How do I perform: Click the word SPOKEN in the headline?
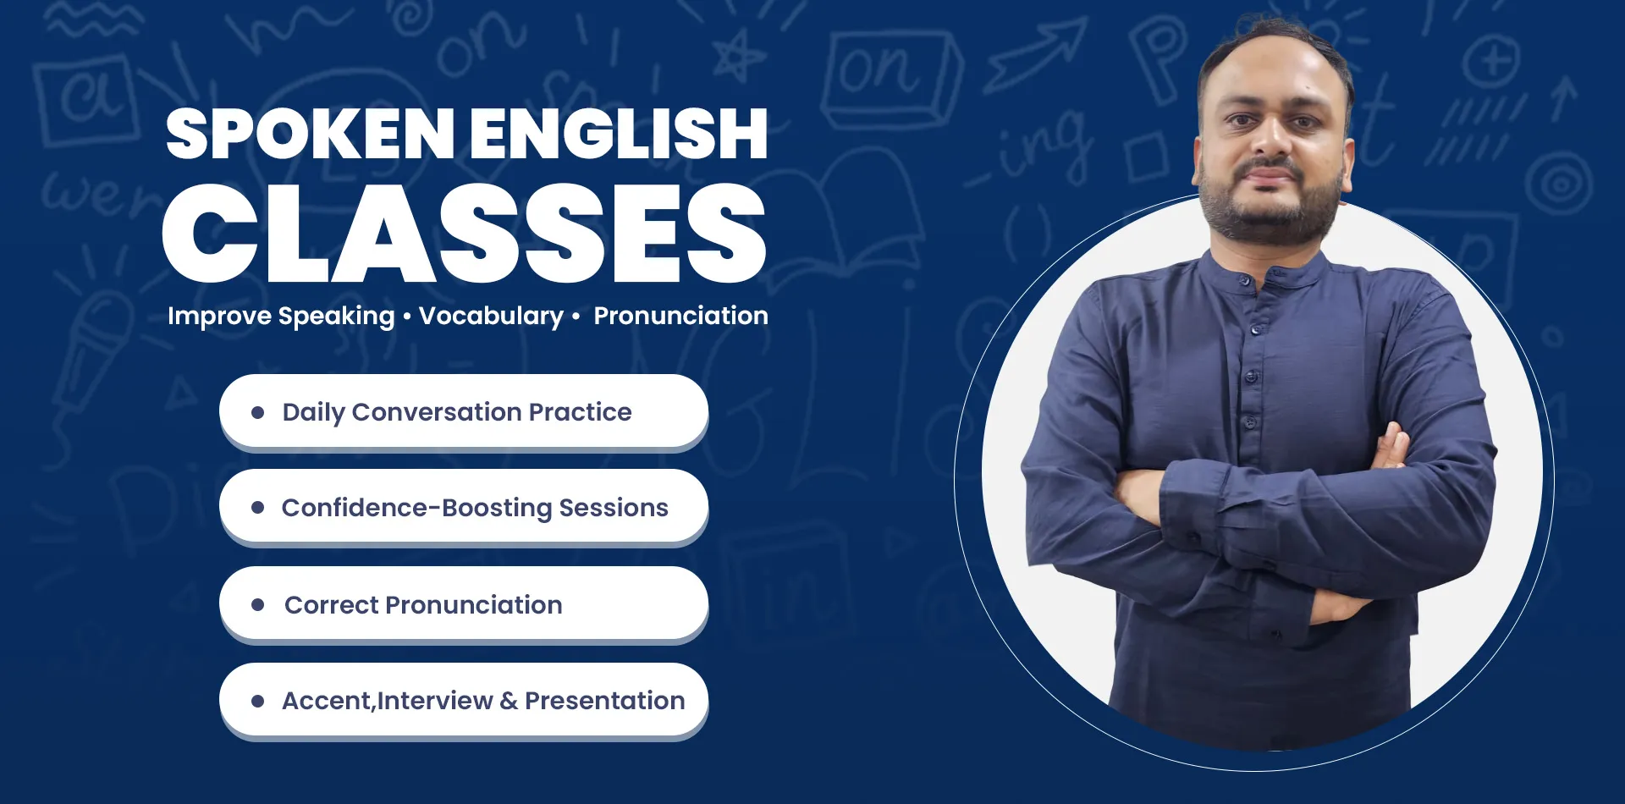point(311,134)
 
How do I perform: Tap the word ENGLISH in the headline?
point(620,134)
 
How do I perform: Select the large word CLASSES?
point(465,233)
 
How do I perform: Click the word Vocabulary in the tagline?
point(491,316)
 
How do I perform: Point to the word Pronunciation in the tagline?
point(680,316)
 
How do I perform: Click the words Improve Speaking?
point(281,316)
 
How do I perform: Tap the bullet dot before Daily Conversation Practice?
point(258,412)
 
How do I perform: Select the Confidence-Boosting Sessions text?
point(475,508)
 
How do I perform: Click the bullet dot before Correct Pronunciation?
point(258,604)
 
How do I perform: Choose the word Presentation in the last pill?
point(604,701)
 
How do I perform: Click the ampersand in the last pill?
point(509,701)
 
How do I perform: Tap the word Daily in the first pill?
point(314,412)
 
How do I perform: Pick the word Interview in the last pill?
point(435,701)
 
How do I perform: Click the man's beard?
point(1270,212)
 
